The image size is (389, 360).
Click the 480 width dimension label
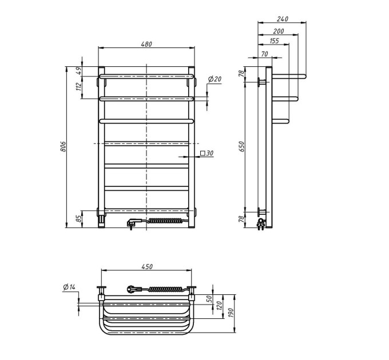pos(146,45)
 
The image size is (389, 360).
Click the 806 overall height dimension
pos(63,147)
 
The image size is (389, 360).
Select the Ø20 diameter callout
pos(215,79)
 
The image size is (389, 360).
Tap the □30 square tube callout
pos(207,153)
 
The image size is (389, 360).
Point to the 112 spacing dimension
pos(78,87)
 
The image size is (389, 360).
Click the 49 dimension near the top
pos(78,71)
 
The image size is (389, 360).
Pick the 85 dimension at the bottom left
pos(78,218)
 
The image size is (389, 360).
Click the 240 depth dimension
pos(283,19)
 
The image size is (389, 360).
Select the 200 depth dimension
pos(279,31)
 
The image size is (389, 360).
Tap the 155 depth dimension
pos(274,41)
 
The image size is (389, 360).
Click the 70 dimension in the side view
pos(265,54)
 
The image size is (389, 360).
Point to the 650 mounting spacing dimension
pos(242,147)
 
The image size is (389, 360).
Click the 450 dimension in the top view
pos(147,267)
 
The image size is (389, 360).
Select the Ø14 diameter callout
pos(69,287)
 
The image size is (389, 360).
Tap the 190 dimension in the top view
pos(231,313)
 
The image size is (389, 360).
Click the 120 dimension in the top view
pos(219,305)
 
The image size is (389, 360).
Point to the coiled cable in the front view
pos(166,221)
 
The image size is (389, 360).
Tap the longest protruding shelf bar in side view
pos(289,76)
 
